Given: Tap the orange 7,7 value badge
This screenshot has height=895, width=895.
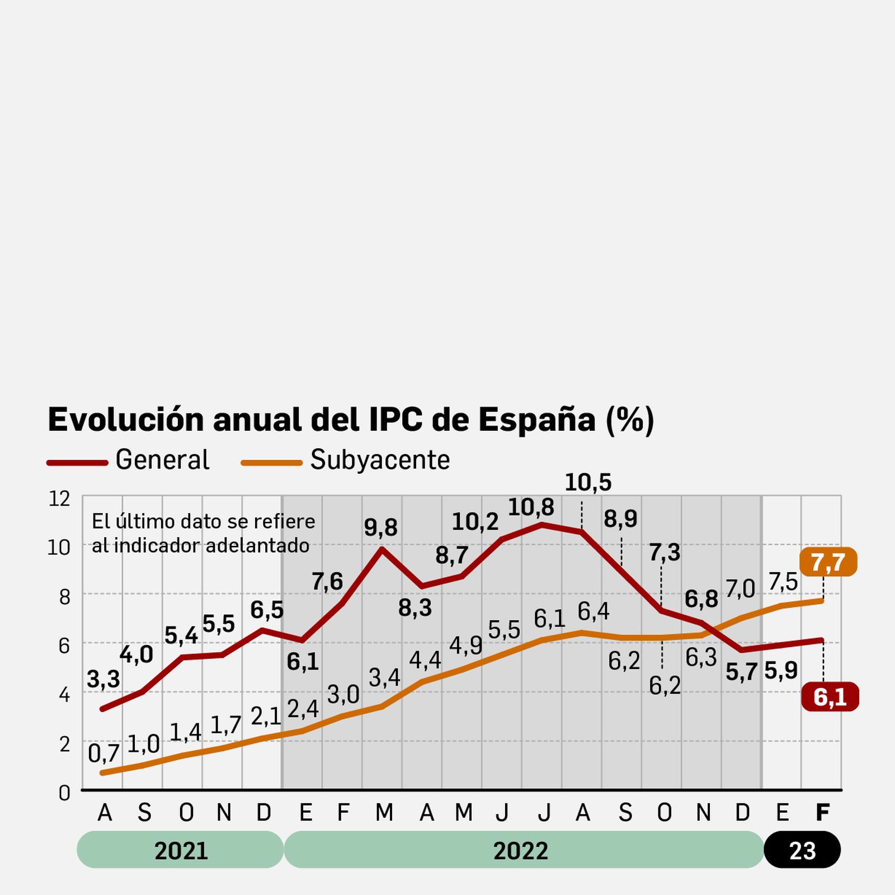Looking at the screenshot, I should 828,562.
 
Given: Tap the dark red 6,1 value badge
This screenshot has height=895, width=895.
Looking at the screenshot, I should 830,697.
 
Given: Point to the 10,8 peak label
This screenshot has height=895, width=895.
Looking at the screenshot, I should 530,507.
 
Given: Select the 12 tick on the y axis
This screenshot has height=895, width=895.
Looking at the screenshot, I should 59,498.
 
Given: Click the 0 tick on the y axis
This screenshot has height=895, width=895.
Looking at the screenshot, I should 64,793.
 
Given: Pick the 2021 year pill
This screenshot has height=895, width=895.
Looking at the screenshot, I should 181,850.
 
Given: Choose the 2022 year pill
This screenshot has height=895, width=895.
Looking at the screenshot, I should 521,850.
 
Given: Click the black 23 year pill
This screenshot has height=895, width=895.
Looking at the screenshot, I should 802,850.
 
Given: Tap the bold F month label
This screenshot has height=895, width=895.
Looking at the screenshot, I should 822,812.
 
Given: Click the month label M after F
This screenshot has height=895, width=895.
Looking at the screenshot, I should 384,812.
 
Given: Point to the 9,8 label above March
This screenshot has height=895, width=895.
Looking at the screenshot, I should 380,527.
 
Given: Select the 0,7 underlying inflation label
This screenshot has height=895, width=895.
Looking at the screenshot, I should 103,753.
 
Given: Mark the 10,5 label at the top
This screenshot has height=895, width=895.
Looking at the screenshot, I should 588,483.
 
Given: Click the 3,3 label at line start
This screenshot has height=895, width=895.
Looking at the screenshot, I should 103,679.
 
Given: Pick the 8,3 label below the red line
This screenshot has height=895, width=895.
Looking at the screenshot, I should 414,607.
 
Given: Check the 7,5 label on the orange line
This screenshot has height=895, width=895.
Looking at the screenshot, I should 783,582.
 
